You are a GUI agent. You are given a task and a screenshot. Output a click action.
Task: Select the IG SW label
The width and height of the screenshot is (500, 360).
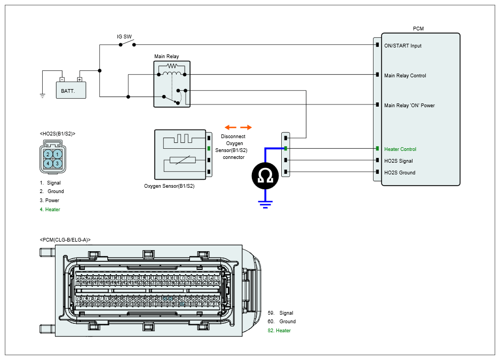tap(124, 37)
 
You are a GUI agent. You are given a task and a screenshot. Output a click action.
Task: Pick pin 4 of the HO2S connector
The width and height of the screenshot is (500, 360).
tap(48, 163)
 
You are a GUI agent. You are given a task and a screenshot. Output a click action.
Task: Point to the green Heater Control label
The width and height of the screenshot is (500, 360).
tap(400, 149)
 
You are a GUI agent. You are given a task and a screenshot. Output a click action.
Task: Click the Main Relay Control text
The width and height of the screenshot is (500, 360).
tap(405, 76)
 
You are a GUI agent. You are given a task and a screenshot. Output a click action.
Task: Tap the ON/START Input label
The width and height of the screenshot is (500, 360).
tap(403, 46)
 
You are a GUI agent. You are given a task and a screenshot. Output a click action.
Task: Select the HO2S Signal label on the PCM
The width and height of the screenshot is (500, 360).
tap(399, 161)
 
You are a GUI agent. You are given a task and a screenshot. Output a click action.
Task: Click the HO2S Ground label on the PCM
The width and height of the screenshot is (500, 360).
tap(400, 173)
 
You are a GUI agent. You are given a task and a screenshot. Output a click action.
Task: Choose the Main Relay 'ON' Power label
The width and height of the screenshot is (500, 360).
tap(409, 106)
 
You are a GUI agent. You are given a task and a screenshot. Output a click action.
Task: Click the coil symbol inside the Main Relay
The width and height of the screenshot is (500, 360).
tap(172, 67)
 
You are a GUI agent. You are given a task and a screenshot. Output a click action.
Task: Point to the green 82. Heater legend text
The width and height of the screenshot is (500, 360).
tap(279, 331)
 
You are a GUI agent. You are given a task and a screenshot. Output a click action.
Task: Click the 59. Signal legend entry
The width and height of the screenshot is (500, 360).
tap(280, 313)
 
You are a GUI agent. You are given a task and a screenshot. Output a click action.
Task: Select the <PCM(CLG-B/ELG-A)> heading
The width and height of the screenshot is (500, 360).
tap(65, 240)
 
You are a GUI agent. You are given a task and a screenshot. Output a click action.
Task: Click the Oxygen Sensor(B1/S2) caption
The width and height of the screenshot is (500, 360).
tap(169, 187)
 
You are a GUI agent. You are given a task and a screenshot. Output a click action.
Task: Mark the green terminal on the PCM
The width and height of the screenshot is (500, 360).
tap(377, 149)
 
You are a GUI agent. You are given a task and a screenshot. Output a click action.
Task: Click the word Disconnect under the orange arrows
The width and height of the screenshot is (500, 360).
tap(233, 137)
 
